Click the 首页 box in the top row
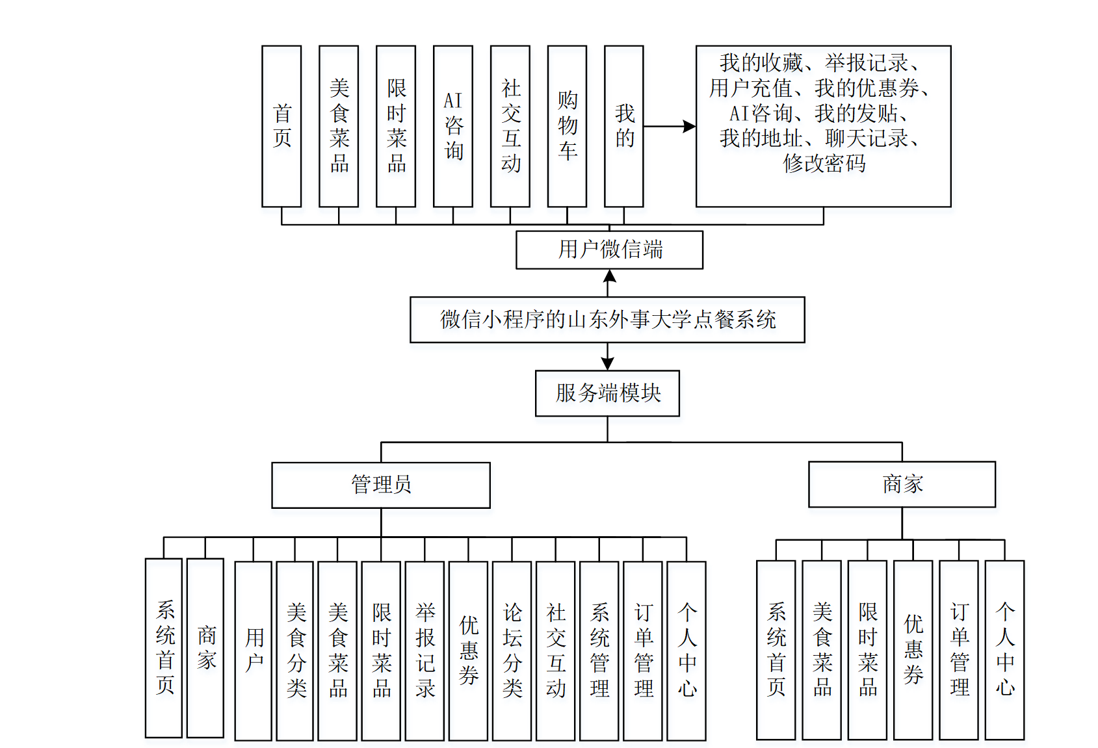(x=281, y=126)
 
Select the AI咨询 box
(x=453, y=126)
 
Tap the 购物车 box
(x=567, y=126)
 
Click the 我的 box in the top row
(x=624, y=126)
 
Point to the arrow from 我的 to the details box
(x=670, y=127)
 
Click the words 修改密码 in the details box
(x=824, y=163)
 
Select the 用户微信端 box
(x=610, y=250)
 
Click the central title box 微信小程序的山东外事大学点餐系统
(x=607, y=320)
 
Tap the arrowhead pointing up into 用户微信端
(x=610, y=276)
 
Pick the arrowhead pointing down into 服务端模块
(x=608, y=364)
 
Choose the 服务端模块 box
(x=607, y=393)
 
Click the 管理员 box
(x=381, y=485)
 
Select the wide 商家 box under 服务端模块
(x=902, y=484)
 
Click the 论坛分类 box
(x=512, y=651)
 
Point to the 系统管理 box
(x=599, y=651)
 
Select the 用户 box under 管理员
(x=254, y=651)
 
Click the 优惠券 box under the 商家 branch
(x=913, y=650)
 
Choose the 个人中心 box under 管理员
(x=686, y=651)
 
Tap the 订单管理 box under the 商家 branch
(x=959, y=650)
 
